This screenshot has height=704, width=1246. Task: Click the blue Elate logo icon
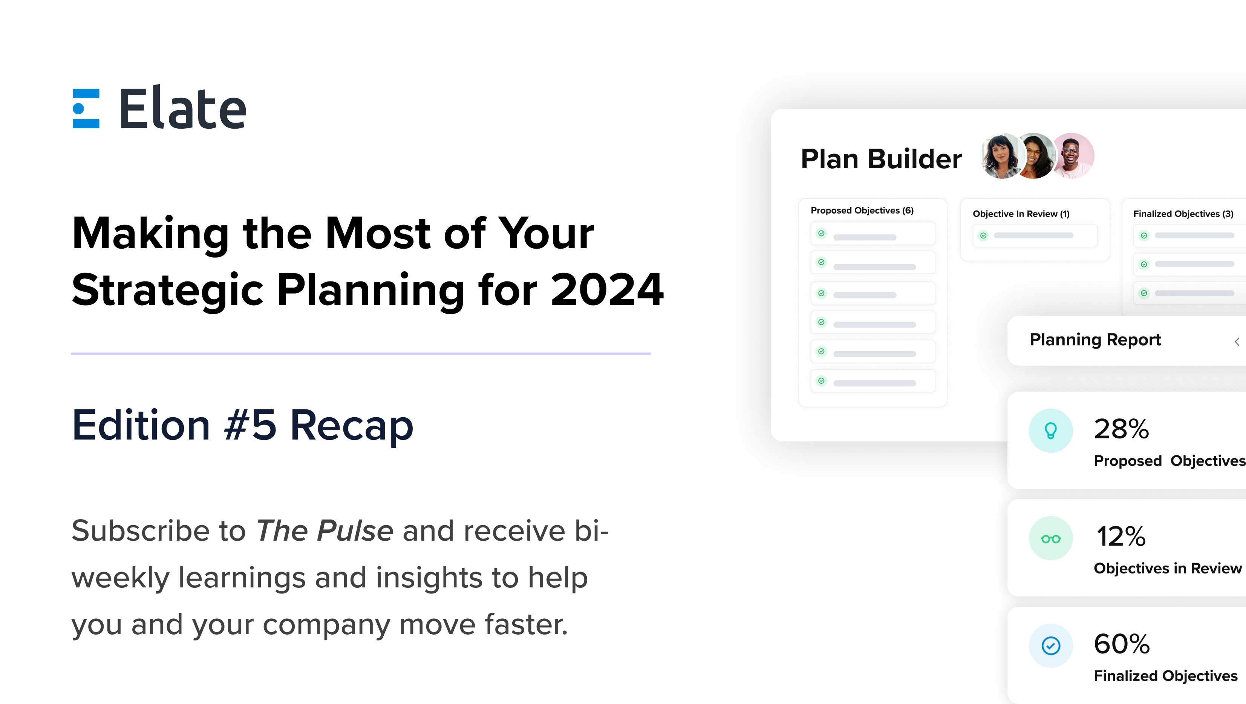(86, 108)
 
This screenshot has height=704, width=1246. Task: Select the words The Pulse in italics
(325, 531)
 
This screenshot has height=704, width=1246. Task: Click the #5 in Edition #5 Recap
(251, 425)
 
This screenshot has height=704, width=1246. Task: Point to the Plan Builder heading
(881, 159)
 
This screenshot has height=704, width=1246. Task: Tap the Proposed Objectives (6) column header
(862, 211)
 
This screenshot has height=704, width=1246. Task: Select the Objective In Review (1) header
(1021, 214)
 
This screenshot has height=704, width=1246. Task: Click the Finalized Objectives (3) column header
(1183, 214)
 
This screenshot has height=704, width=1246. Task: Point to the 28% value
(1121, 429)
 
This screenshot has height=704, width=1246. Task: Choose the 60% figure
(1121, 644)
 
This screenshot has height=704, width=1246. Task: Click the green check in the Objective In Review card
(983, 236)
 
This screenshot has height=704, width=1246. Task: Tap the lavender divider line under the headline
(361, 354)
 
